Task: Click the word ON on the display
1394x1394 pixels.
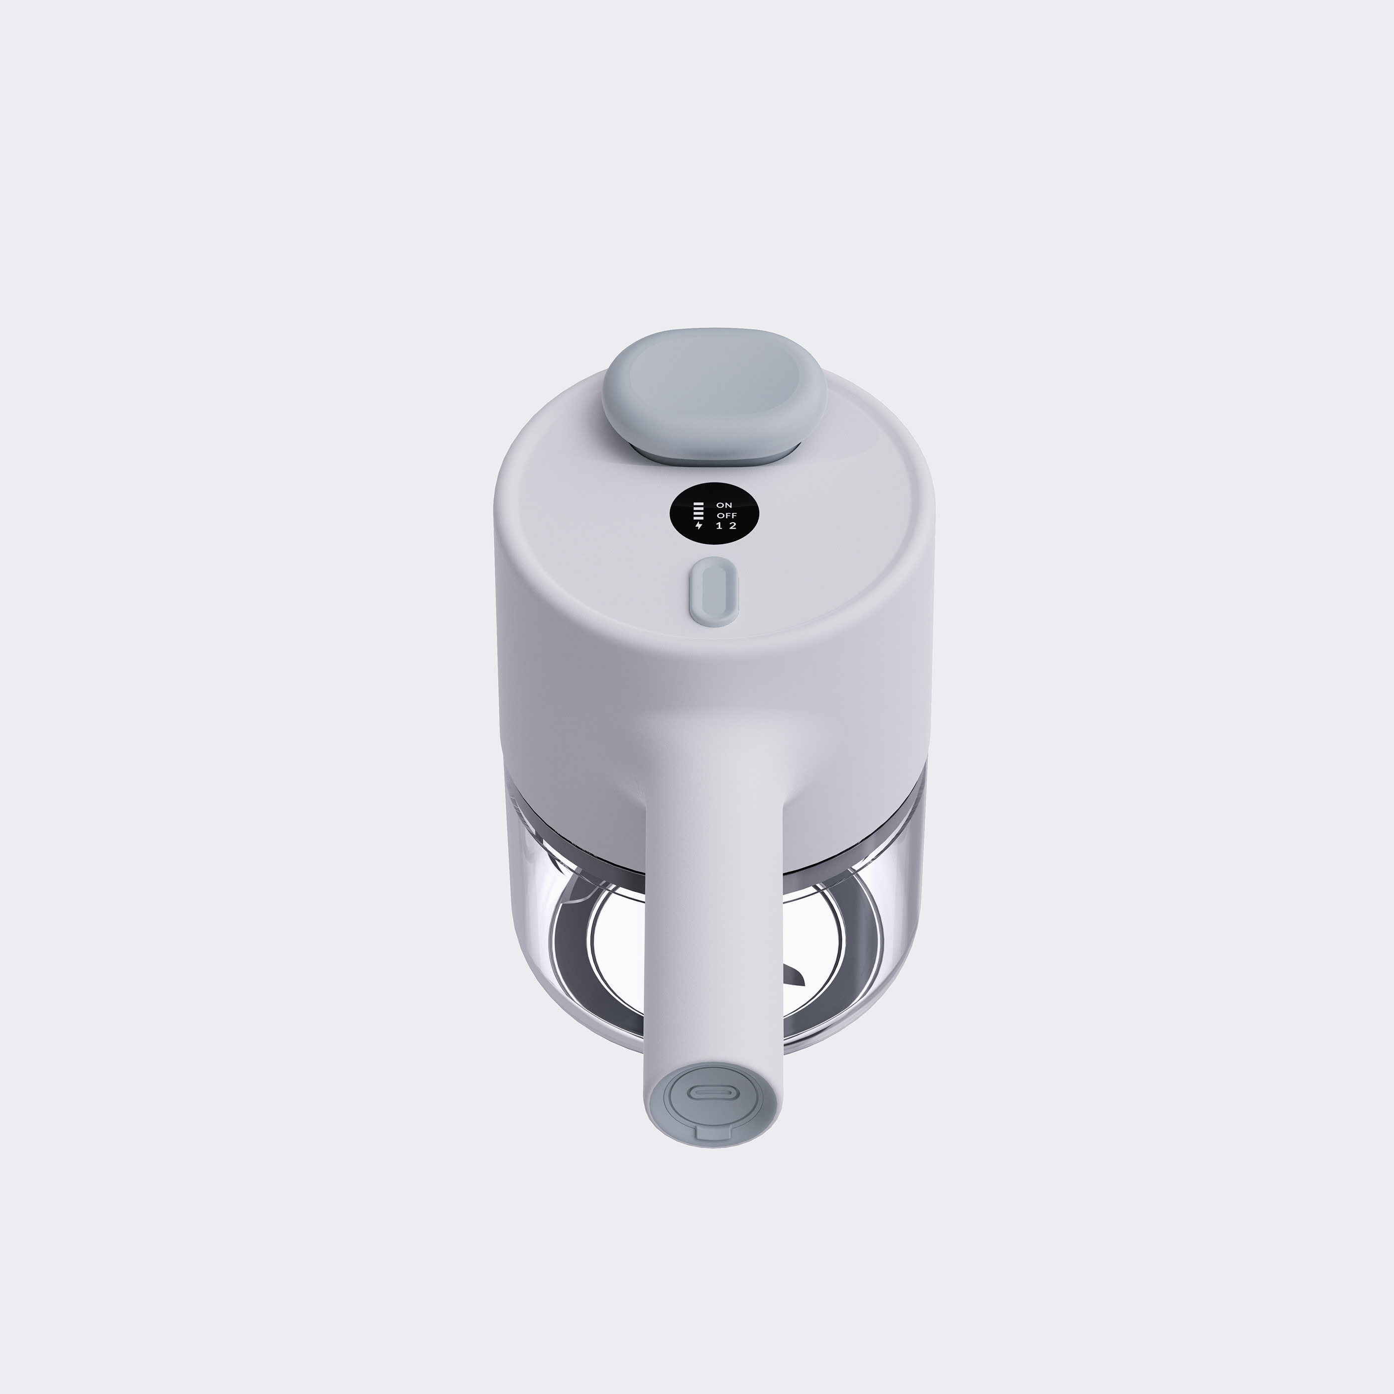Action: pos(724,505)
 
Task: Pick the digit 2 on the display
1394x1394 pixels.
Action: pos(732,525)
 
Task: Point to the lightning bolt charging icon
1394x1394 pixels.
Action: pos(698,525)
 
